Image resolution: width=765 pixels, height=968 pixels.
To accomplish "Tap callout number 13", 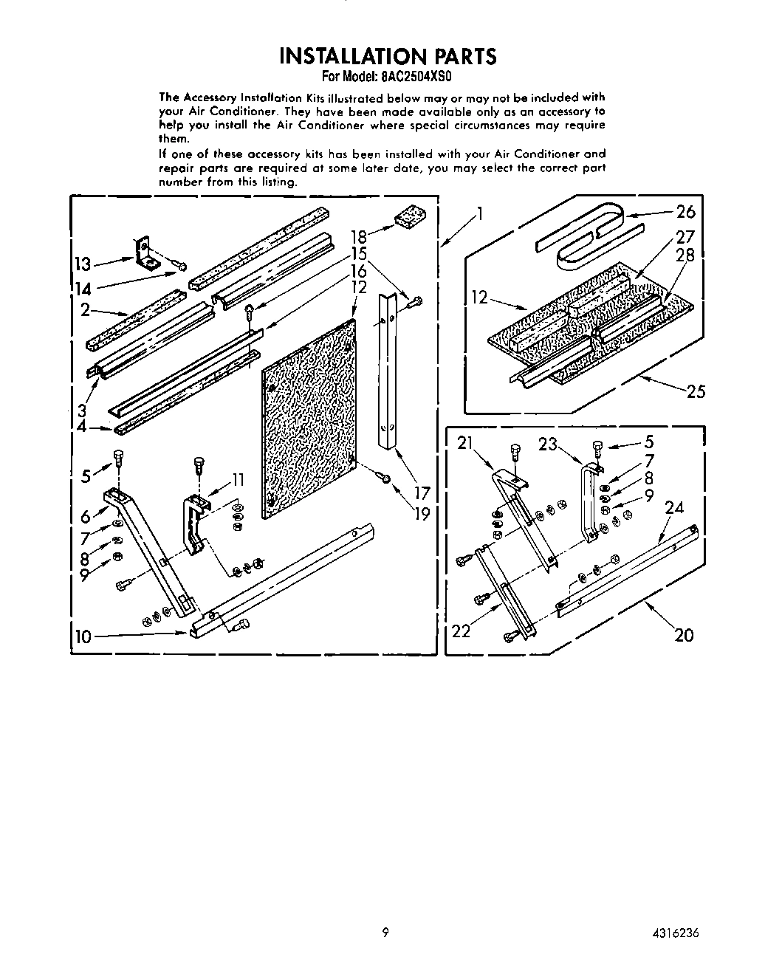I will pyautogui.click(x=83, y=264).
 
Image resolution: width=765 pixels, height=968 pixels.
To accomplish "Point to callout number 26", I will pyautogui.click(x=685, y=212).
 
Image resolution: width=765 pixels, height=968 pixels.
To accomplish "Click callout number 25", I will pyautogui.click(x=696, y=391).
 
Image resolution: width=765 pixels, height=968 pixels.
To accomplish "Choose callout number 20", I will pyautogui.click(x=684, y=634).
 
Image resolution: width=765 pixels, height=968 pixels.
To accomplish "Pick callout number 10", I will pyautogui.click(x=83, y=636).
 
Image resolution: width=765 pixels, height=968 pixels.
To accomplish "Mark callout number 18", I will pyautogui.click(x=359, y=237).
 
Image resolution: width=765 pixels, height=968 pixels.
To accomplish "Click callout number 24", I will pyautogui.click(x=673, y=507).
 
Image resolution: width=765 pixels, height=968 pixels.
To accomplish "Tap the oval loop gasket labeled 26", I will pyautogui.click(x=589, y=235).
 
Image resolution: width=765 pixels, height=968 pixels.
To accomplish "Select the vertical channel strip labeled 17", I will pyautogui.click(x=388, y=369).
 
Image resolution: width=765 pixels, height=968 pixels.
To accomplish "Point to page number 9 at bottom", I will pyautogui.click(x=385, y=933).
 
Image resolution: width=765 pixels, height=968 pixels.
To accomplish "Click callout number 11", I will pyautogui.click(x=238, y=480).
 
